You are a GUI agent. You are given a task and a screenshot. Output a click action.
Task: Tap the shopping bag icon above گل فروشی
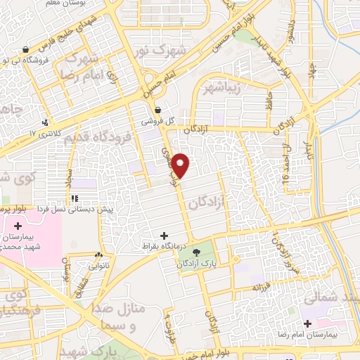tap(158, 110)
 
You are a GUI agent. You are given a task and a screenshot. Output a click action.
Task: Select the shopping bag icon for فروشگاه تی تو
tap(26, 50)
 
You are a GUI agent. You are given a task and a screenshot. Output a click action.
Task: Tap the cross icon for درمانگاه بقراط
tap(165, 236)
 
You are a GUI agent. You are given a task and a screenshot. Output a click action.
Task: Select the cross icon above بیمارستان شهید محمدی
tap(18, 225)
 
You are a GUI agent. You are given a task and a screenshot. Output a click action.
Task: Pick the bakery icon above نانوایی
tap(99, 255)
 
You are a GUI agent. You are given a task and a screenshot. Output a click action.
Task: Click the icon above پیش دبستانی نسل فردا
tap(75, 199)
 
